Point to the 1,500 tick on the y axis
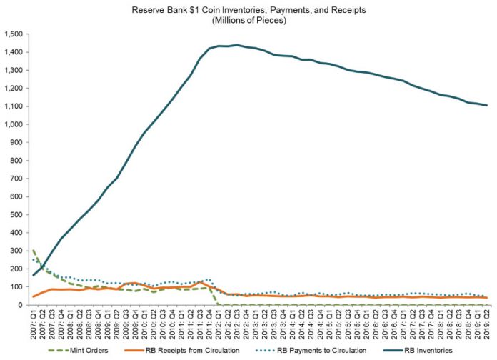(14, 34)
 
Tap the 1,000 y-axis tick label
(14, 124)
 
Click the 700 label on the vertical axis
(17, 179)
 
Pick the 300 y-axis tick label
(17, 251)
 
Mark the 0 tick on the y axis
(21, 305)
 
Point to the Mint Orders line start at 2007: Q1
(33, 251)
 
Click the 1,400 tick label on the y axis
(14, 52)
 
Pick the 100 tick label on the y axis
(17, 287)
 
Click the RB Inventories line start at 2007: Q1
(33, 275)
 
